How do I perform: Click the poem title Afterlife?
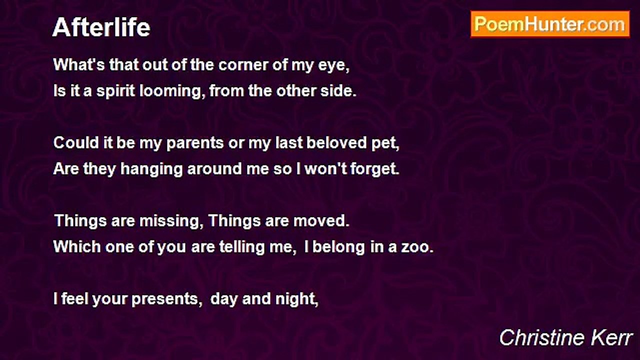101,27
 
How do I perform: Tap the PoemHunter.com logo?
550,24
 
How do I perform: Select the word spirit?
115,91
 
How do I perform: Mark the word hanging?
151,169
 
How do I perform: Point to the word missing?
169,221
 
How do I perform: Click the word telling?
242,247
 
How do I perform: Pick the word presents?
165,299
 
